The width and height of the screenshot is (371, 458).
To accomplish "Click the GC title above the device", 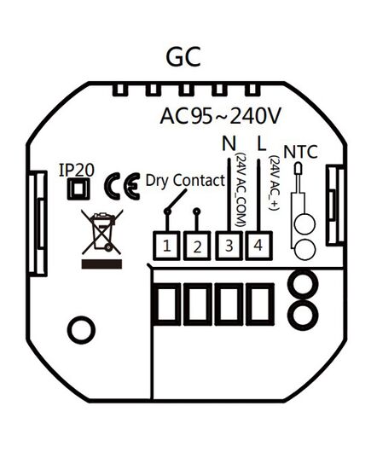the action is [183, 57].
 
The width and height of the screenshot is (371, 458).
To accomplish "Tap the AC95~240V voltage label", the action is [220, 116].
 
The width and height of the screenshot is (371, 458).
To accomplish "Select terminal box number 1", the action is [166, 246].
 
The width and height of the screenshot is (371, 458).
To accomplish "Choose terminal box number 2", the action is [197, 246].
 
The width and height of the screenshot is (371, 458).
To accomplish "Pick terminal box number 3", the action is [229, 246].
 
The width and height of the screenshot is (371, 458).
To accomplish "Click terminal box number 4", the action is [258, 246].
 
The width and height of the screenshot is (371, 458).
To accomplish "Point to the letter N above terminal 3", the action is [229, 142].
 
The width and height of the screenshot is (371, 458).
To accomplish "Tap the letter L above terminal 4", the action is [262, 142].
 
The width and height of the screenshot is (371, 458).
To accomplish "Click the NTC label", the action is [300, 152].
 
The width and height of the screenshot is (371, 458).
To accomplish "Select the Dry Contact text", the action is [185, 180].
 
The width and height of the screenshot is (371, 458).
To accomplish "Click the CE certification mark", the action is [123, 186].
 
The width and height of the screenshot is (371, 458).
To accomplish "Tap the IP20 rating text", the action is [77, 170].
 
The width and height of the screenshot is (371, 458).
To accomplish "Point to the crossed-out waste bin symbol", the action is [102, 232].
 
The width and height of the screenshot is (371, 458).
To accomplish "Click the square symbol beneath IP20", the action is [78, 189].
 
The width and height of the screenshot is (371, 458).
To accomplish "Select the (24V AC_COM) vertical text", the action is [241, 189].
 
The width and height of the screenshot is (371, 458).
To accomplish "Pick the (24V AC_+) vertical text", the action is [275, 183].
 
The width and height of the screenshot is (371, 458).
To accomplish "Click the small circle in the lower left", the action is [81, 329].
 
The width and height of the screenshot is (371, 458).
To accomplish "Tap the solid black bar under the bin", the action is [101, 264].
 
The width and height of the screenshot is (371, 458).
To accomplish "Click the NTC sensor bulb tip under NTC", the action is [299, 169].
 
